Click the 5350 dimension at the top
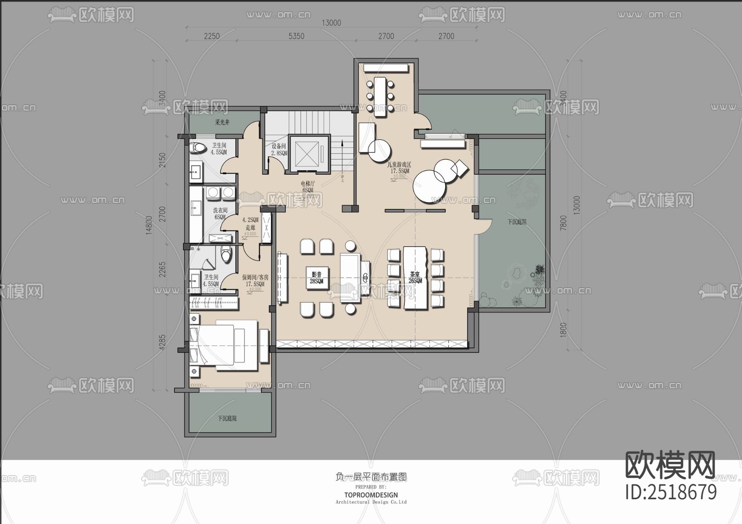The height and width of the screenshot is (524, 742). click(x=296, y=36)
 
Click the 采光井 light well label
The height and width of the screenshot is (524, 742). click(x=222, y=122)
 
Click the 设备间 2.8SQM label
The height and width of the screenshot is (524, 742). click(x=279, y=150)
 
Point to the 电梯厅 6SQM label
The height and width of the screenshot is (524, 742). click(x=308, y=187)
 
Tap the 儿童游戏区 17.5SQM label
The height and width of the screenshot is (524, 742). click(x=399, y=168)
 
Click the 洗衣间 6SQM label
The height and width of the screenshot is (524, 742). click(x=220, y=213)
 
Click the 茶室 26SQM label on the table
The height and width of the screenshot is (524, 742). click(x=415, y=277)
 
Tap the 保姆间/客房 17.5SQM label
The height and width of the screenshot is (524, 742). click(x=255, y=281)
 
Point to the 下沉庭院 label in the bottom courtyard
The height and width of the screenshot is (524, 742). click(x=227, y=418)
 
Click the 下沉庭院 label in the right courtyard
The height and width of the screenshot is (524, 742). click(x=517, y=222)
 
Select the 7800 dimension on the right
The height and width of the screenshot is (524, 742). click(x=564, y=223)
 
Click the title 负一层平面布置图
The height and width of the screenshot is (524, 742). click(x=371, y=477)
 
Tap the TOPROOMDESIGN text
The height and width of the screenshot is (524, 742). click(x=371, y=495)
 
